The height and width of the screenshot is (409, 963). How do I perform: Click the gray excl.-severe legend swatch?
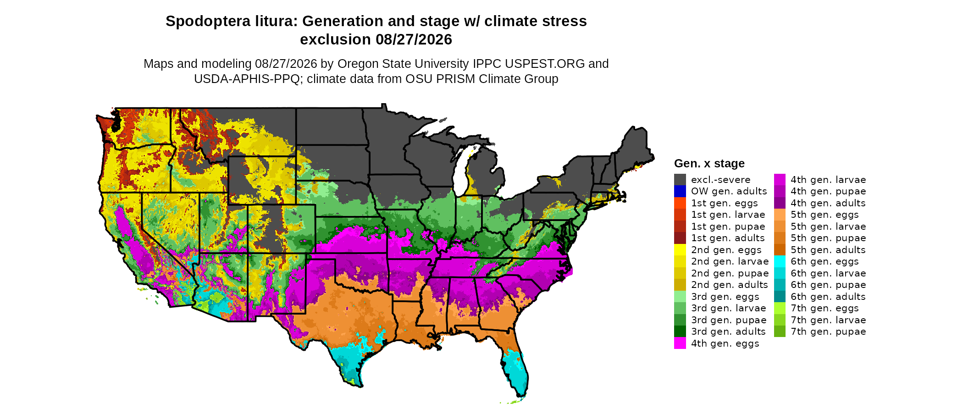pos(680,179)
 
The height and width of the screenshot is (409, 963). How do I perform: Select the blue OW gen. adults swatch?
pos(680,191)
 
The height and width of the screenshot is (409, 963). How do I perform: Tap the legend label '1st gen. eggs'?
pos(725,203)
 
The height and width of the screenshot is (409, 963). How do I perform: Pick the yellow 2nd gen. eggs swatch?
pos(680,250)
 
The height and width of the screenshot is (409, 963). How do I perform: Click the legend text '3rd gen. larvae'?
pos(729,308)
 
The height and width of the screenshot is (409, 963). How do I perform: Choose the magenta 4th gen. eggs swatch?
pos(680,343)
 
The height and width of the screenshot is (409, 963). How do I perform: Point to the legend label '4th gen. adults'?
pos(828,203)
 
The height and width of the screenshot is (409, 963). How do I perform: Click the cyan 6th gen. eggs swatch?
pos(780,261)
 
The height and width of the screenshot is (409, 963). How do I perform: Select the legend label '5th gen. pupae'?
pos(828,238)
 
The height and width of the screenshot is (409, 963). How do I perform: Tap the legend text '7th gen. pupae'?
pos(828,332)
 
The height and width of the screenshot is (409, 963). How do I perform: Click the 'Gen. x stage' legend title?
pos(709,163)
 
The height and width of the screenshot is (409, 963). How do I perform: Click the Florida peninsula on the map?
pos(516,367)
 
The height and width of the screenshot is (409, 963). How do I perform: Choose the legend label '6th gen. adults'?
pos(828,297)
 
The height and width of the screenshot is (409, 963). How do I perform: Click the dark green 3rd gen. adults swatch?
pos(680,332)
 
